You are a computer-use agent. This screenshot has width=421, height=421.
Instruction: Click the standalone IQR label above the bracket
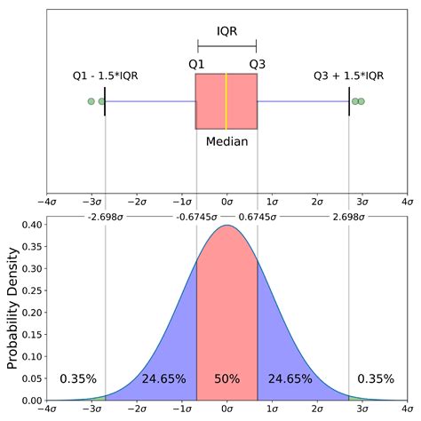(x=226, y=31)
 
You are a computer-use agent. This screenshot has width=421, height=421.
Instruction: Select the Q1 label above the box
(x=196, y=64)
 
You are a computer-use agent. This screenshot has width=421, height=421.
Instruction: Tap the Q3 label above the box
(x=257, y=64)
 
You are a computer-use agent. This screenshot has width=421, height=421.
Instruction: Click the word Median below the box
(x=226, y=141)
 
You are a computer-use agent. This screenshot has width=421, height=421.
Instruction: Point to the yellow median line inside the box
(x=226, y=101)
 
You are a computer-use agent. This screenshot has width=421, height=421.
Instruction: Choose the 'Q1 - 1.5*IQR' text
(x=106, y=75)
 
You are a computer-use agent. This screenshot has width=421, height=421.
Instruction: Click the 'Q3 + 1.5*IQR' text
(x=348, y=75)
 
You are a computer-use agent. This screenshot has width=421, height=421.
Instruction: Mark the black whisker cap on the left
(x=105, y=101)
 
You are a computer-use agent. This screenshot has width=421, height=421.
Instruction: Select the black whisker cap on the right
(x=349, y=101)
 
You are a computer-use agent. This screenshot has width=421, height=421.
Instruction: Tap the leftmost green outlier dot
(x=91, y=101)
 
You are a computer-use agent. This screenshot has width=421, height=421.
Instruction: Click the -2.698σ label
(x=105, y=216)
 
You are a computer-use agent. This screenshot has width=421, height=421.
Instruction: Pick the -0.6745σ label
(x=196, y=216)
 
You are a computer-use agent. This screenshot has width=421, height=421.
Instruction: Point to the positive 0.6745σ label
(x=257, y=216)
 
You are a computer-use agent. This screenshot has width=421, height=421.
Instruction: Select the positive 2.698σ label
(x=349, y=216)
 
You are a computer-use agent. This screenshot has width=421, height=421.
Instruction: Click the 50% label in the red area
(x=226, y=378)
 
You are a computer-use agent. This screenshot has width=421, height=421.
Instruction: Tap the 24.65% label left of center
(x=163, y=378)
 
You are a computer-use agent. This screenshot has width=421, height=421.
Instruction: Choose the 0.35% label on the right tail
(x=375, y=378)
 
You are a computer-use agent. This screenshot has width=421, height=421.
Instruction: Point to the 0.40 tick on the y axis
(x=32, y=225)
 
